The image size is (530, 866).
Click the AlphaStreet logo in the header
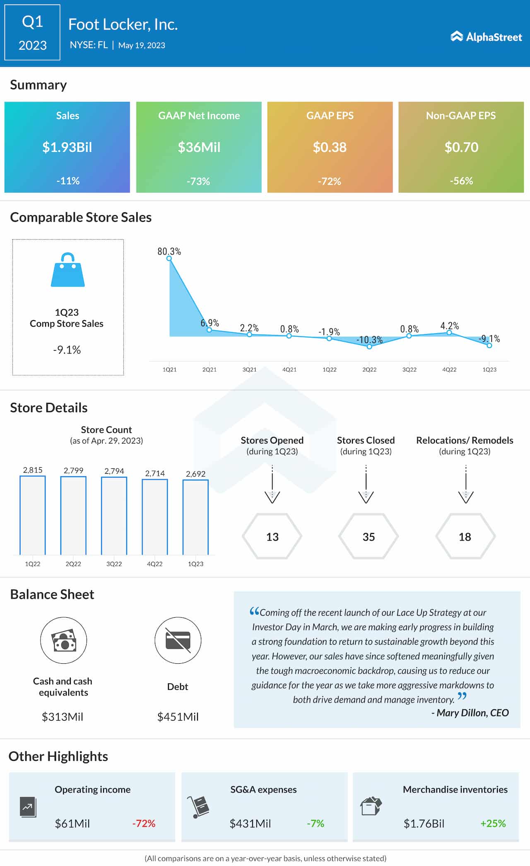(x=486, y=37)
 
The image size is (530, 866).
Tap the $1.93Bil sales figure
(x=67, y=147)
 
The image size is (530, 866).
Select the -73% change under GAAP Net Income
(x=198, y=181)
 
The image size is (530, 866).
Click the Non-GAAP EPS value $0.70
(x=461, y=147)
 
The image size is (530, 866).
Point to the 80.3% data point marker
(x=169, y=258)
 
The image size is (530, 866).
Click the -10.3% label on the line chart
(x=369, y=340)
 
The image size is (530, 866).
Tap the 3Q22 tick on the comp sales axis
(x=409, y=369)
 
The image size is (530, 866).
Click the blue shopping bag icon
(x=67, y=270)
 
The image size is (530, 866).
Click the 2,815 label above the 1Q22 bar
(x=33, y=470)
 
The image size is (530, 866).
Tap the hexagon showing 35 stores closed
(x=368, y=536)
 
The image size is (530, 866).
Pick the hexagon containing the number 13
(x=272, y=536)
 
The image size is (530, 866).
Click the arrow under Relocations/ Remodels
(x=466, y=485)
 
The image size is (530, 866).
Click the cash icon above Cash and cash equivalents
(x=63, y=640)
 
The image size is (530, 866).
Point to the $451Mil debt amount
(x=178, y=717)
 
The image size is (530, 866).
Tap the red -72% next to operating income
(x=144, y=823)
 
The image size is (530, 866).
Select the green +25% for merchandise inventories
(x=493, y=823)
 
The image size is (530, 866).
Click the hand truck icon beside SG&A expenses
(x=198, y=807)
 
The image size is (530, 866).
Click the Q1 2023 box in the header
(x=32, y=33)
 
